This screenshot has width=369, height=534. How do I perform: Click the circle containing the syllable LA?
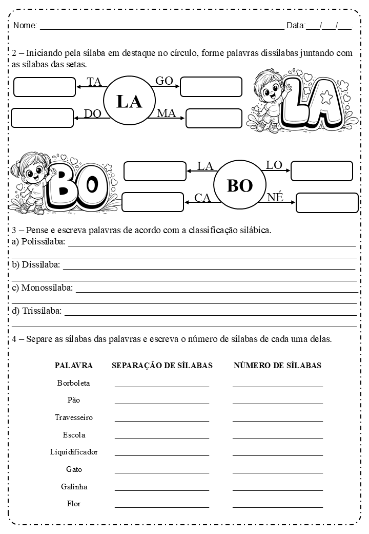click(x=129, y=101)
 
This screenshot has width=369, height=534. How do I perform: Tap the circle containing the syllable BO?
click(x=239, y=185)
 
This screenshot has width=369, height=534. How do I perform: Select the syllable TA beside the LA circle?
click(x=94, y=82)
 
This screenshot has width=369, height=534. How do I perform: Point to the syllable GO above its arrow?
click(x=164, y=80)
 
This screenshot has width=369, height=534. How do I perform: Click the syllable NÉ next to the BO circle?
click(x=275, y=197)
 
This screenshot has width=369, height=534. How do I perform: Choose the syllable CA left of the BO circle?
click(x=203, y=198)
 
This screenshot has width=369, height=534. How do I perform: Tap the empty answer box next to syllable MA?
click(x=214, y=118)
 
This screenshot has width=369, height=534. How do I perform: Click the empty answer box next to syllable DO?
click(x=42, y=118)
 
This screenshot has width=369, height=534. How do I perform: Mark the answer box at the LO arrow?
click(x=321, y=171)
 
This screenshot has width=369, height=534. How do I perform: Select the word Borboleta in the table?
click(x=74, y=383)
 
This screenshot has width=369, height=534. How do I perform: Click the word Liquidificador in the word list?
click(x=74, y=452)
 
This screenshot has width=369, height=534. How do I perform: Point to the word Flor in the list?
click(x=74, y=504)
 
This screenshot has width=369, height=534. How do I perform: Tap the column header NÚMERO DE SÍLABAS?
click(x=277, y=366)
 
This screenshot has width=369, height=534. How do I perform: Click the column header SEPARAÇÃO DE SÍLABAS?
click(x=162, y=366)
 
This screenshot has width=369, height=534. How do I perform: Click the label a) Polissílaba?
click(x=38, y=242)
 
